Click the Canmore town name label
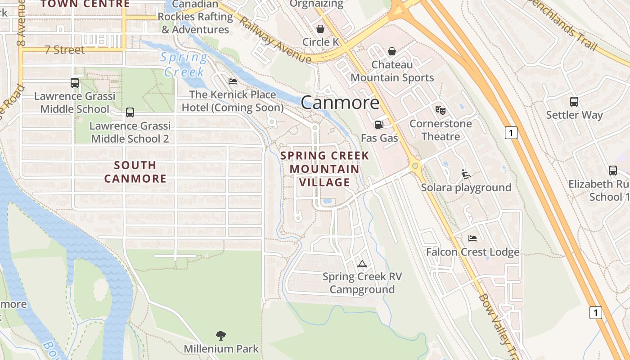[340, 103]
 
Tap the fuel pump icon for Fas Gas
[379, 124]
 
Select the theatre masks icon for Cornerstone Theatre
[440, 110]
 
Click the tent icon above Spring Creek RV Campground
[362, 264]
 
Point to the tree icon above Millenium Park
[220, 335]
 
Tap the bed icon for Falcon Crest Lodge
[472, 238]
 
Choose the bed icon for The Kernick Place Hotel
[233, 81]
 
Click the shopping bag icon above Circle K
[320, 29]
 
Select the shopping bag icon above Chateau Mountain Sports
[392, 51]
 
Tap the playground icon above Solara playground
[466, 174]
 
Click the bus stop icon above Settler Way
[574, 101]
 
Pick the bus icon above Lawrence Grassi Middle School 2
[130, 112]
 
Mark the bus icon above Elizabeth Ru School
[613, 171]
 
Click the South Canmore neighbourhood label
[135, 172]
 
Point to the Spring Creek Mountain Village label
[325, 169]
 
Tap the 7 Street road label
[64, 50]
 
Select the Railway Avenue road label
[274, 40]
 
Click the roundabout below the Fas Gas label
[415, 166]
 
